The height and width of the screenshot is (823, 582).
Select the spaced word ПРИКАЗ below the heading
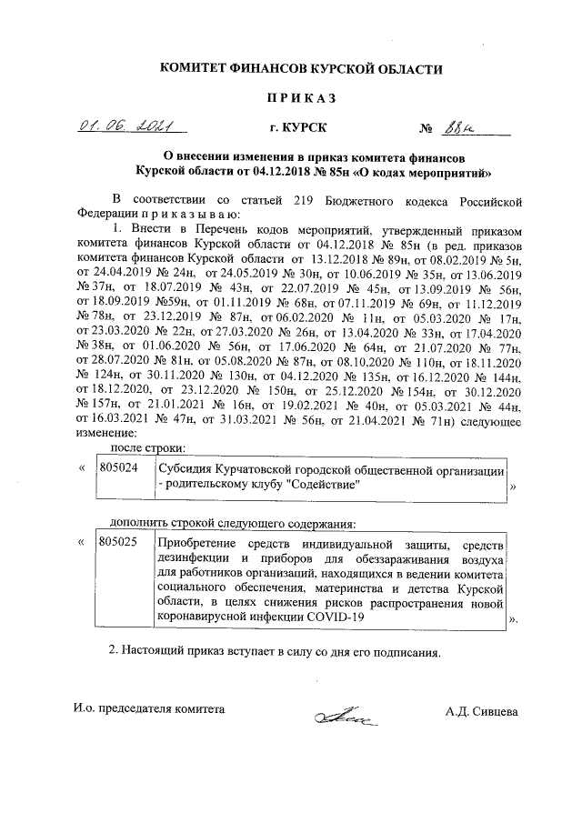301,98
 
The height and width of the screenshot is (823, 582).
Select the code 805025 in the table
117,542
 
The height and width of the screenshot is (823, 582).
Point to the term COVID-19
333,617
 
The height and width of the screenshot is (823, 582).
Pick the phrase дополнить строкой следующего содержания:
232,523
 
